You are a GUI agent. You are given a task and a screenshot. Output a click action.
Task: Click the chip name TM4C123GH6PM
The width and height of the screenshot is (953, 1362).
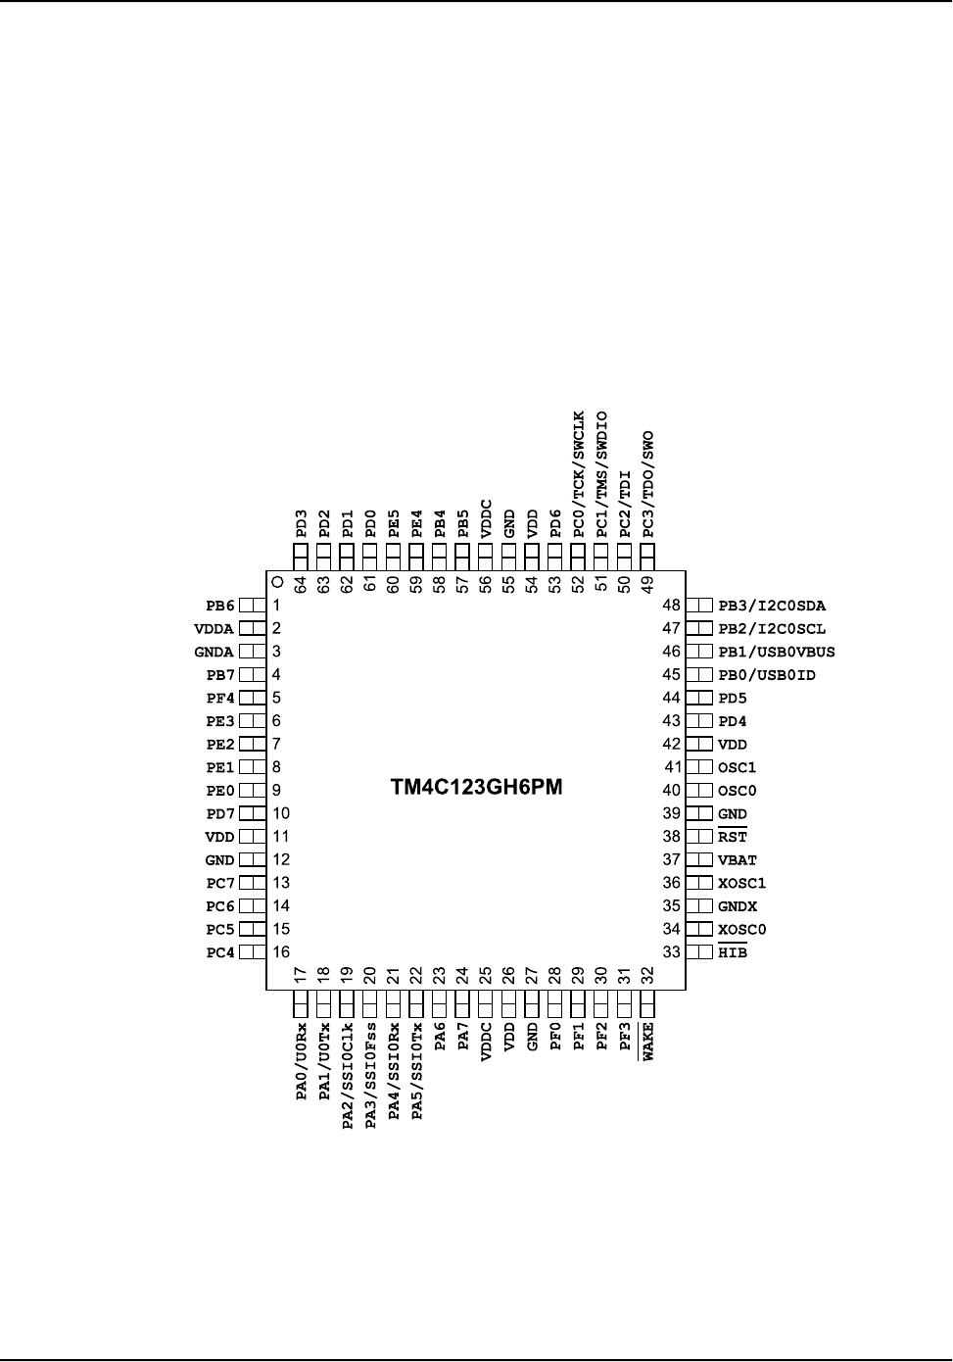pyautogui.click(x=477, y=788)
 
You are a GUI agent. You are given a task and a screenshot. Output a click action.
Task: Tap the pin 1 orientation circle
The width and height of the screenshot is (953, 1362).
pyautogui.click(x=277, y=581)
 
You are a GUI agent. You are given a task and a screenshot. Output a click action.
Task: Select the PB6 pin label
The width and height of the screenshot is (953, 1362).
pyautogui.click(x=220, y=606)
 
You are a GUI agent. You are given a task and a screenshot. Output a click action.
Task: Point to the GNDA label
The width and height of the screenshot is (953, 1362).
pyautogui.click(x=214, y=652)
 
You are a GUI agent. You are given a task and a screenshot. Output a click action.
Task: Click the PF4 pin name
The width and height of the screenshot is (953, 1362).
pyautogui.click(x=220, y=699)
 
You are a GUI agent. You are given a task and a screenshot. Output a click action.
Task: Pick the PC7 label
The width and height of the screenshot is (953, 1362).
pyautogui.click(x=220, y=884)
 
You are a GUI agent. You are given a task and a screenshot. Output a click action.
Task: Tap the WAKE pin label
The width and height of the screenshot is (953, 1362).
pyautogui.click(x=647, y=1041)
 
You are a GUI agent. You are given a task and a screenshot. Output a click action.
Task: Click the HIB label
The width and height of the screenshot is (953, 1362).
pyautogui.click(x=732, y=952)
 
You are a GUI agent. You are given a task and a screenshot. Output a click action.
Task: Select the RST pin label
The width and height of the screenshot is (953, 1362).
pyautogui.click(x=732, y=838)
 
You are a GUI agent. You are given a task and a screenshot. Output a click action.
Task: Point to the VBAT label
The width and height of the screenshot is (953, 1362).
pyautogui.click(x=737, y=860)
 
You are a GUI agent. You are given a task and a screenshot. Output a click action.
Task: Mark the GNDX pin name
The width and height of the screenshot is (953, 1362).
pyautogui.click(x=737, y=907)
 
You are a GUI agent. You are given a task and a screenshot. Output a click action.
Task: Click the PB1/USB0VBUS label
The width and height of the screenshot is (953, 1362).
pyautogui.click(x=776, y=652)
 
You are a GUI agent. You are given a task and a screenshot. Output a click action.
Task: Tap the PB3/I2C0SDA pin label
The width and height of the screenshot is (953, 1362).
pyautogui.click(x=771, y=606)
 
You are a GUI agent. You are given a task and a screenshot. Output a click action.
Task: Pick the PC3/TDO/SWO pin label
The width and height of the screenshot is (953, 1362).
pyautogui.click(x=647, y=484)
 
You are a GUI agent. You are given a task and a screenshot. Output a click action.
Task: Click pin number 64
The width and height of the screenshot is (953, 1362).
pyautogui.click(x=301, y=584)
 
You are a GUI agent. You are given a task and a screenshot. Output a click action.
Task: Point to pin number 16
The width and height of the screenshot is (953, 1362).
pyautogui.click(x=281, y=952)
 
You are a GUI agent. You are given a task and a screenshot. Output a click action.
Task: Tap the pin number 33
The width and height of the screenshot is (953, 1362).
pyautogui.click(x=671, y=952)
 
